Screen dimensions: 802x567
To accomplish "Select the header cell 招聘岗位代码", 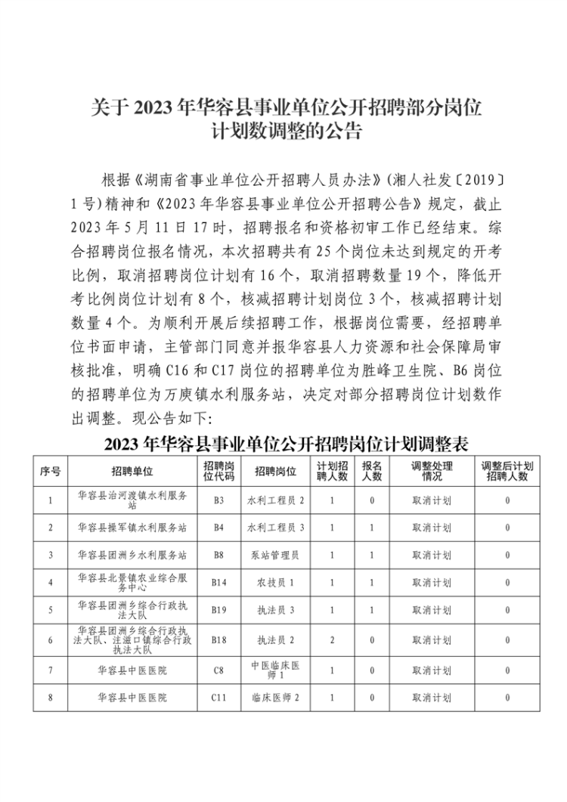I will tap(219, 472).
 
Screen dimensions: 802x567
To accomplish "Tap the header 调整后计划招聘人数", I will tap(507, 472).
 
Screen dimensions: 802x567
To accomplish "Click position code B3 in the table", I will tap(219, 500).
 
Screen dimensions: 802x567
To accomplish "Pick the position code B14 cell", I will tap(219, 582).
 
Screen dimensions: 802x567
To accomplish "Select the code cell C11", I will tap(219, 697).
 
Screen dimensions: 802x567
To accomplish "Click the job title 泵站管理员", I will tap(275, 555).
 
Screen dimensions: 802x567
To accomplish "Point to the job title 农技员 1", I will tap(275, 582).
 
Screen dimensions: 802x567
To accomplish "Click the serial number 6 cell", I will tap(50, 639).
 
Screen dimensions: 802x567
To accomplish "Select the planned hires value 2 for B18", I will tap(332, 639).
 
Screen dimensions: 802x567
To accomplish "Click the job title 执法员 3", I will tap(275, 609).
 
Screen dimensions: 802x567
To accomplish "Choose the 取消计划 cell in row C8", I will tap(432, 670).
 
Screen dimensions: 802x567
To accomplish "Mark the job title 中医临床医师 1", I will tap(275, 670).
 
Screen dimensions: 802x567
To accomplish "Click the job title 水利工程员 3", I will tap(275, 527).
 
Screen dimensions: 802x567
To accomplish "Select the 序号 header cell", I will tap(50, 472).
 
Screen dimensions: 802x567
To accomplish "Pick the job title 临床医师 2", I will tap(275, 697).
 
